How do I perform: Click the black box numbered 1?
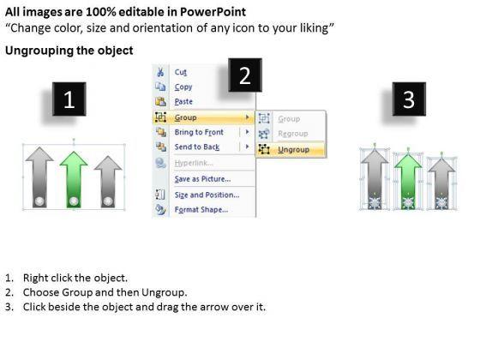pyautogui.click(x=69, y=99)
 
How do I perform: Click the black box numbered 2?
pyautogui.click(x=245, y=75)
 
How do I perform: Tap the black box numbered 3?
pyautogui.click(x=409, y=99)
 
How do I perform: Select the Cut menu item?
pyautogui.click(x=181, y=72)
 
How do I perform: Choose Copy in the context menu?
pyautogui.click(x=183, y=87)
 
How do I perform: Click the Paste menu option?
pyautogui.click(x=183, y=102)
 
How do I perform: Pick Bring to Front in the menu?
pyautogui.click(x=199, y=132)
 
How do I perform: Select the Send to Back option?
pyautogui.click(x=197, y=147)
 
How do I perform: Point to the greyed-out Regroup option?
pyautogui.click(x=293, y=134)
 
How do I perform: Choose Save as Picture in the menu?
pyautogui.click(x=202, y=179)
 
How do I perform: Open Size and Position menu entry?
pyautogui.click(x=207, y=195)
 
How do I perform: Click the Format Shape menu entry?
pyautogui.click(x=201, y=210)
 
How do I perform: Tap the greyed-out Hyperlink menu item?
pyautogui.click(x=194, y=163)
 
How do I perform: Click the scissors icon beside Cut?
pyautogui.click(x=160, y=72)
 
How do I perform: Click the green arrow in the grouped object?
pyautogui.click(x=74, y=179)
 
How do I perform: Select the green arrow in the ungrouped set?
pyautogui.click(x=408, y=181)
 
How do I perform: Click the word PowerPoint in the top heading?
pyautogui.click(x=213, y=12)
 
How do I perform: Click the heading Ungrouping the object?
pyautogui.click(x=69, y=51)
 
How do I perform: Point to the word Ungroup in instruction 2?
pyautogui.click(x=164, y=292)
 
